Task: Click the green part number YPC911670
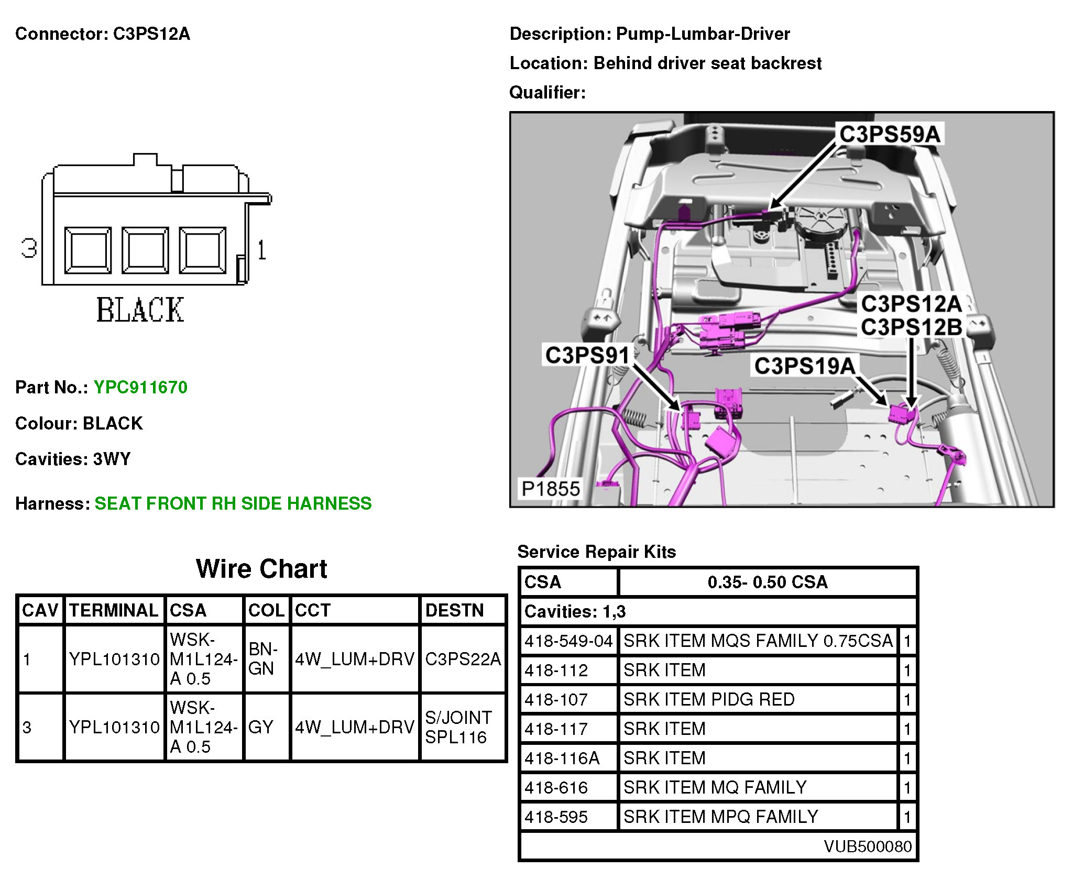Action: tap(140, 388)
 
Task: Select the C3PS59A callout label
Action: tap(890, 134)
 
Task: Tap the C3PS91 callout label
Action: tap(587, 355)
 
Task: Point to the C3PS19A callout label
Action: tap(804, 366)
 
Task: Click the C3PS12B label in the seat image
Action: tap(912, 327)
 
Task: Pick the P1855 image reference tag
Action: tap(551, 489)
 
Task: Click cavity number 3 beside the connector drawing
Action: tap(29, 248)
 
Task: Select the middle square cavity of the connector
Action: tap(145, 250)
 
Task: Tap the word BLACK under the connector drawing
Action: tap(140, 310)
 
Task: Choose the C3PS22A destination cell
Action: tap(463, 659)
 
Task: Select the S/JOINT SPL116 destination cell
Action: tap(458, 727)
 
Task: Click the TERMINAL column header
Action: tap(114, 610)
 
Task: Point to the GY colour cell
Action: tap(261, 727)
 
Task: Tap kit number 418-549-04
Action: tap(568, 641)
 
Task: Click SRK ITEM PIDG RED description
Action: tap(709, 699)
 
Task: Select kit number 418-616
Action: tap(556, 787)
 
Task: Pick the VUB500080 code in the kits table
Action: tap(868, 846)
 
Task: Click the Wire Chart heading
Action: tap(261, 569)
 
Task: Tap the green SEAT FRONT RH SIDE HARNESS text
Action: tap(233, 503)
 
